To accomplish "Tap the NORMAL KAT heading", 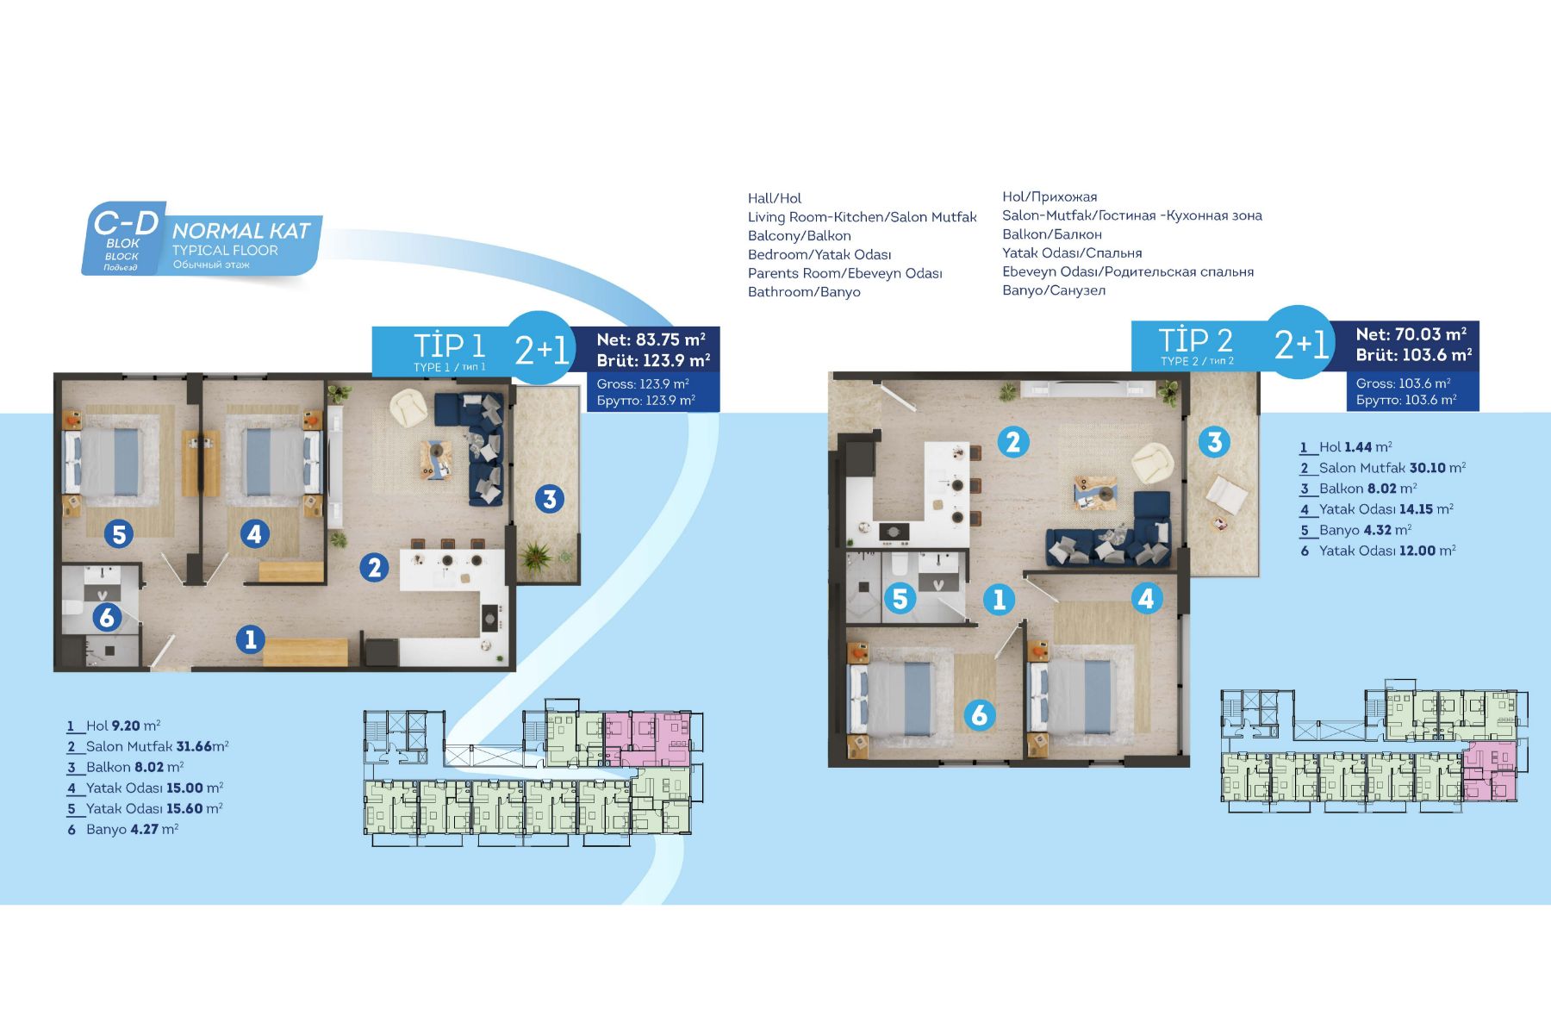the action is click(x=241, y=231).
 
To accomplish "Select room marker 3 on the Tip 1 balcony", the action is click(x=550, y=498).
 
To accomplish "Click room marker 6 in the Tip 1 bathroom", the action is click(x=107, y=617).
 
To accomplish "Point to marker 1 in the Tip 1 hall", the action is click(x=251, y=638).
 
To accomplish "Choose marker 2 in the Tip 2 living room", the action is click(x=1013, y=442).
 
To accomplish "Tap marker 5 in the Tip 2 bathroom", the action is click(x=900, y=598).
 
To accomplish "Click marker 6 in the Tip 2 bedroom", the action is click(x=979, y=714).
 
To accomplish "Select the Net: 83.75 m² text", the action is click(x=651, y=339).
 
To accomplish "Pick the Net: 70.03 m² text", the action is click(x=1411, y=333).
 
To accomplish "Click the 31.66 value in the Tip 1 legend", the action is click(x=194, y=746).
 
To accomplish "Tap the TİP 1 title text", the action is click(x=450, y=345).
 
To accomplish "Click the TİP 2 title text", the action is click(x=1195, y=339).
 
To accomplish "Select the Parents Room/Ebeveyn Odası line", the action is click(x=845, y=273).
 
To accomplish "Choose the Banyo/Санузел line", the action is click(x=1054, y=290).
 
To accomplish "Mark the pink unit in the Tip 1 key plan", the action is click(x=646, y=738).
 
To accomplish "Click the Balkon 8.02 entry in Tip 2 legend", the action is click(x=1357, y=489).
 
